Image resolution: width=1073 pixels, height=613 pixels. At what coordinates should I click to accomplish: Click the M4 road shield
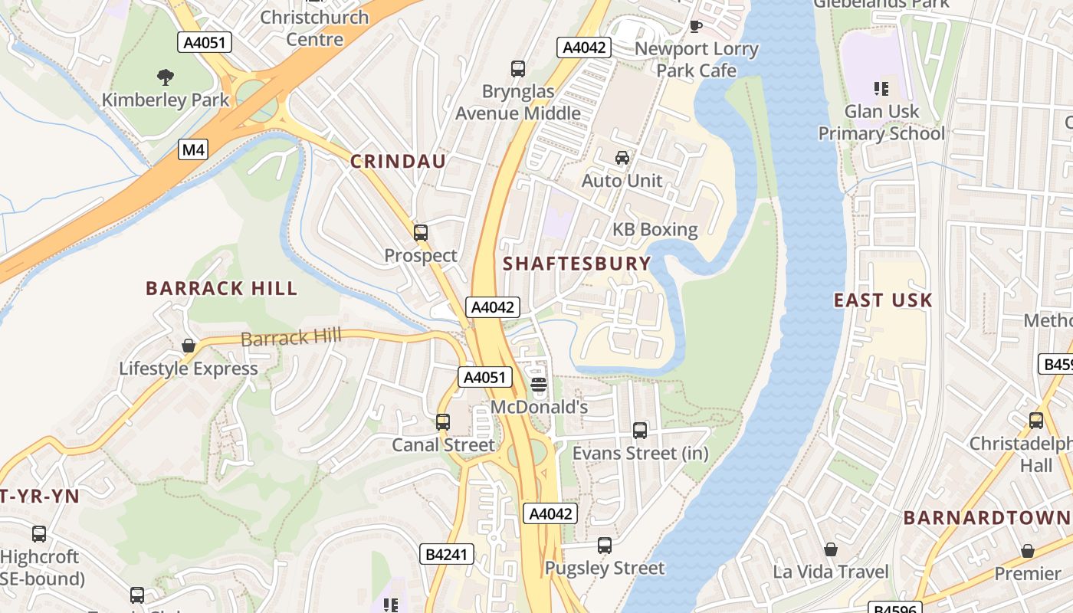coord(193,149)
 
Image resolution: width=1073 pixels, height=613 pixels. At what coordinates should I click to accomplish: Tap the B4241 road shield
coord(447,554)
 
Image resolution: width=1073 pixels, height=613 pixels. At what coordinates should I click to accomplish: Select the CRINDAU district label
coord(398,161)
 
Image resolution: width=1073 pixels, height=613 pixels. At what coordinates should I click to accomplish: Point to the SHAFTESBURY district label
coord(576,264)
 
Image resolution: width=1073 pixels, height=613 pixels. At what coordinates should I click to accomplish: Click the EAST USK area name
coord(883,300)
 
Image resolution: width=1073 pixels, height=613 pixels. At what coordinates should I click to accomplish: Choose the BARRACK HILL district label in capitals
coord(221,289)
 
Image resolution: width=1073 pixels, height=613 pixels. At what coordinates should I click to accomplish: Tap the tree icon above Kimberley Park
coord(165,77)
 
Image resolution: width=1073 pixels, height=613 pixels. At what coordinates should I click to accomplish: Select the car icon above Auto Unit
coord(622,158)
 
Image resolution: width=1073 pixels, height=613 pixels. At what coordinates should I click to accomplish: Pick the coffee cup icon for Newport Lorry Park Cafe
coord(696,27)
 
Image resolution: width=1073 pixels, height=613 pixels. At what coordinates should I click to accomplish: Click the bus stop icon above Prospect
coord(421,233)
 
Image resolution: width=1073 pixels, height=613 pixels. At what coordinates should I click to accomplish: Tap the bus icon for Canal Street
coord(443,422)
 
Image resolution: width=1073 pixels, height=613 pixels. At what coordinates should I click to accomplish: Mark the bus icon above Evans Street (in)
coord(640,431)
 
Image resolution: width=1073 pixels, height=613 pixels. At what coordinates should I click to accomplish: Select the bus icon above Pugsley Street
coord(605,546)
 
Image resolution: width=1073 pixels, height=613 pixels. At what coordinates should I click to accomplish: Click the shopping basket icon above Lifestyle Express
coord(189,346)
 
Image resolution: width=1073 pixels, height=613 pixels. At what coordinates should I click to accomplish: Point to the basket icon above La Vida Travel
coord(831,549)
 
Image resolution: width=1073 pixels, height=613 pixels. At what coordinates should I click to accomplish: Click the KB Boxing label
coord(655,230)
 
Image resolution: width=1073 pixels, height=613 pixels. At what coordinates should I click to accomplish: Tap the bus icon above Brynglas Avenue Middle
coord(518,69)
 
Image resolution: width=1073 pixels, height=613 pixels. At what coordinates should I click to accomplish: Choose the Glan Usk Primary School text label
coord(881,123)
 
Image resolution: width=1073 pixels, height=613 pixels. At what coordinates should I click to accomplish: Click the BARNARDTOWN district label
coord(987,518)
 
